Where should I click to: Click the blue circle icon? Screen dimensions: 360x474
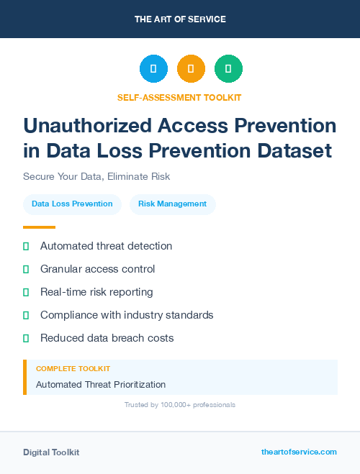click(153, 69)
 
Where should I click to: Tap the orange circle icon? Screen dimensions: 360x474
click(191, 69)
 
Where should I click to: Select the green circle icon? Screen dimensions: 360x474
click(228, 69)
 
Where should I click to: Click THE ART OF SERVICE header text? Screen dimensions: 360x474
click(180, 19)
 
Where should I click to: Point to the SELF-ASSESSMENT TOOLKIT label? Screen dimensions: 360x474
click(179, 97)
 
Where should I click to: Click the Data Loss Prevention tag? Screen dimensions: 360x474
click(72, 204)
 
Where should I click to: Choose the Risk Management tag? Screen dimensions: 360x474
click(173, 204)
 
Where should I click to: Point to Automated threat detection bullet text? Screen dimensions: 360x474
click(106, 246)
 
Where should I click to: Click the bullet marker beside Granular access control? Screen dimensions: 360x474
click(26, 269)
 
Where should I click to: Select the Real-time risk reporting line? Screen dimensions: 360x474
click(96, 292)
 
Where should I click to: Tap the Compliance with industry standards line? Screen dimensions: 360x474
click(127, 315)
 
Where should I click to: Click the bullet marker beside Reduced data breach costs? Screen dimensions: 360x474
click(26, 338)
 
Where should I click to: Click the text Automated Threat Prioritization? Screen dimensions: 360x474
click(101, 384)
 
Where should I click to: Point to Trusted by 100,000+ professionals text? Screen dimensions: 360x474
click(180, 405)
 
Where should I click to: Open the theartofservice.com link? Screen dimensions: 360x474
click(299, 452)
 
